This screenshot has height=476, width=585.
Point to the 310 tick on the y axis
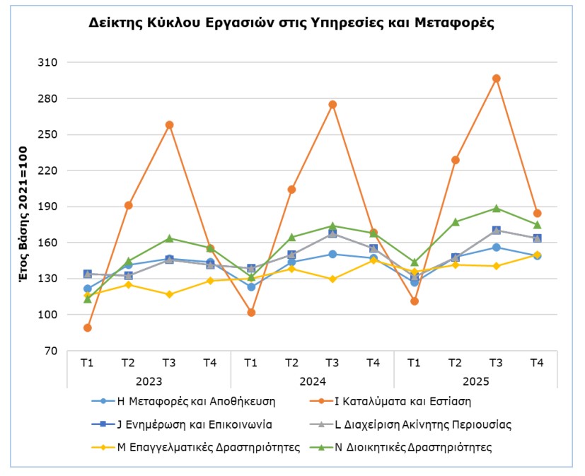[48, 63]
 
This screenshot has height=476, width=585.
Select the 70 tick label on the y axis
[51, 351]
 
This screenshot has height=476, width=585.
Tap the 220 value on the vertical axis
[48, 170]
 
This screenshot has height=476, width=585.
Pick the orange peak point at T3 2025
[497, 79]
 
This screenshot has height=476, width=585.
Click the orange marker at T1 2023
[87, 327]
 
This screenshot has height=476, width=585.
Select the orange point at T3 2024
[332, 105]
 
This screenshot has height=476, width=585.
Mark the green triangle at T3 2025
[497, 208]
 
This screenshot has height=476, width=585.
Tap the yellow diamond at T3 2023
[169, 294]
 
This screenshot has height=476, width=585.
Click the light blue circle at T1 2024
[251, 287]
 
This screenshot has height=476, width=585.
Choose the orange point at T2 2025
[456, 160]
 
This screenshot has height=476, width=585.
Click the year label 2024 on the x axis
[313, 381]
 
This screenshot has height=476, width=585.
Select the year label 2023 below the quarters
[149, 381]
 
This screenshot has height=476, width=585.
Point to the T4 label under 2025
[537, 363]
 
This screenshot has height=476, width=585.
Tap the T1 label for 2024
[251, 363]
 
